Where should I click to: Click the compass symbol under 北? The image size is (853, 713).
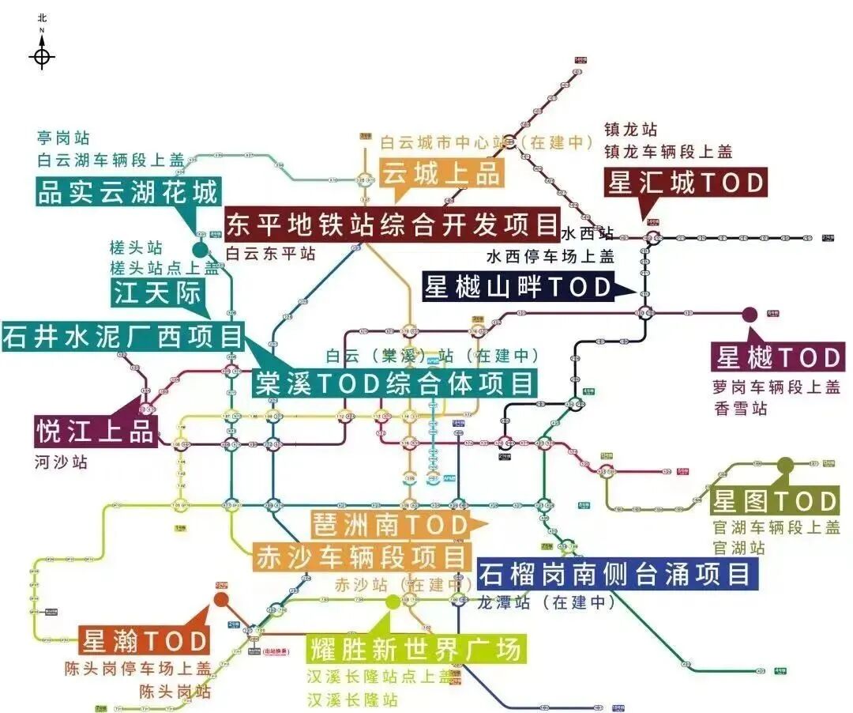click(43, 57)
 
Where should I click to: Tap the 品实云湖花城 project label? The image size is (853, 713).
click(127, 192)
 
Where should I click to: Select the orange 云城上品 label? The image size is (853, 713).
click(443, 173)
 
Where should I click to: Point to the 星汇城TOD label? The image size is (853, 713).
click(686, 183)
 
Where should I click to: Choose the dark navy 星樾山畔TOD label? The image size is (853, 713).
click(518, 286)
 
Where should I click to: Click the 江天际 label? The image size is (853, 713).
click(158, 293)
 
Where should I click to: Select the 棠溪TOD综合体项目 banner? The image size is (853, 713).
click(394, 384)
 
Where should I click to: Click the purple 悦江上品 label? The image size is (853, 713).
click(96, 432)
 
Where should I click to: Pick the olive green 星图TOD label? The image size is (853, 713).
click(775, 501)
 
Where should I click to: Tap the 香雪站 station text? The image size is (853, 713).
click(740, 409)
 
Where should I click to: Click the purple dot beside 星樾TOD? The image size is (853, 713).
click(750, 314)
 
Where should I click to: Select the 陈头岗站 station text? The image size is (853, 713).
click(175, 692)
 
